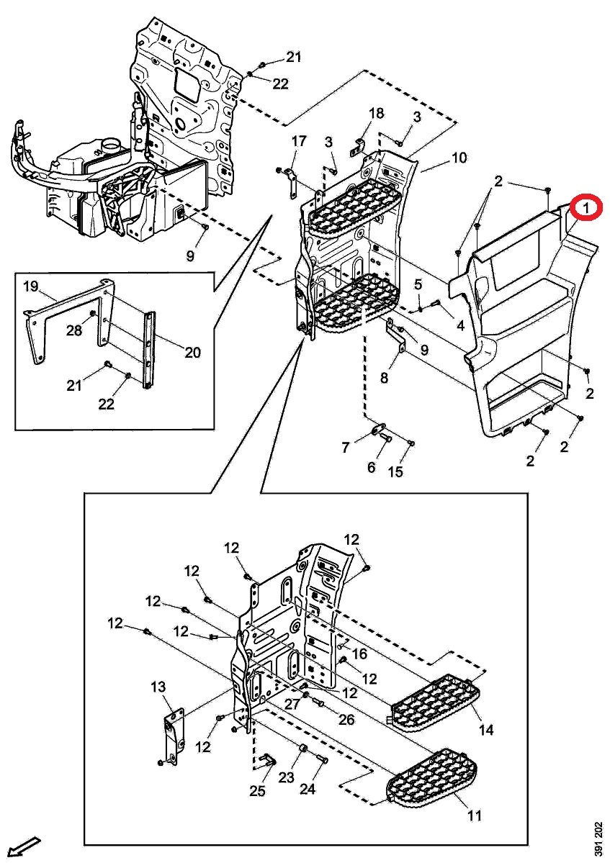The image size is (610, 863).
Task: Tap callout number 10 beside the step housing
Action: tap(459, 158)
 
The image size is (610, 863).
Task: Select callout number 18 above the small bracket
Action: tap(377, 113)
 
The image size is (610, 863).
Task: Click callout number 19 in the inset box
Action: tap(30, 286)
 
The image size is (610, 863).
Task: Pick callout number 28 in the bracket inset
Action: tap(74, 330)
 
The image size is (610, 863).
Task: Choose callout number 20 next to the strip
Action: tap(192, 353)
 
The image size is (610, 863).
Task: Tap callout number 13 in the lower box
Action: tap(158, 687)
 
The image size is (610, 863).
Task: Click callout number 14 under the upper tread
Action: tap(486, 730)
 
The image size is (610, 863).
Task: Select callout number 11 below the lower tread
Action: tap(475, 815)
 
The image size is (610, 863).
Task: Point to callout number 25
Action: tap(257, 792)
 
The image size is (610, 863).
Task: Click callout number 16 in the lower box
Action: tap(360, 654)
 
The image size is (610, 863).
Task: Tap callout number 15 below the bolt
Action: tap(396, 472)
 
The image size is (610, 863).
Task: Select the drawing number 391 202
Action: tap(598, 839)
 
